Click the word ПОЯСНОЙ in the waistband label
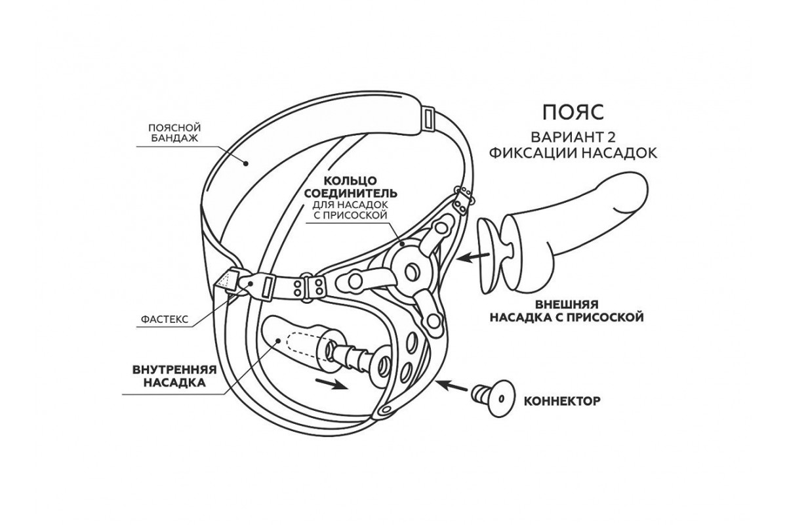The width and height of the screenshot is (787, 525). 174,127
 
